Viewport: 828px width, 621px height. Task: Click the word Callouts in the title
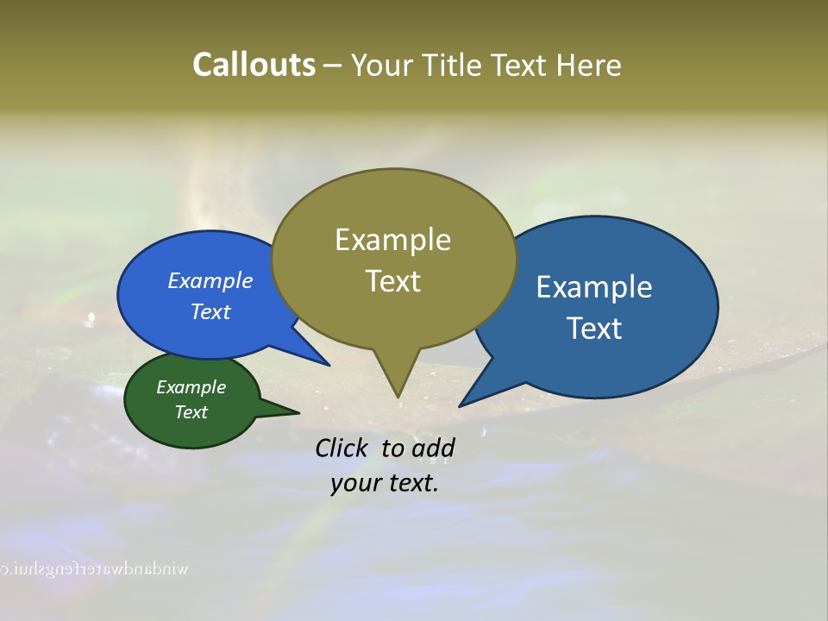(254, 65)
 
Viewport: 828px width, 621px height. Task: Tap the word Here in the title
(589, 65)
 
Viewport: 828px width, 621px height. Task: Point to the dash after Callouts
(333, 66)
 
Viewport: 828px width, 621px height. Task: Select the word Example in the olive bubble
(392, 240)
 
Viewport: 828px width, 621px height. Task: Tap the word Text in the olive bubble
(392, 281)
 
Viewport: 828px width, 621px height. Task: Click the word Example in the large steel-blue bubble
(594, 287)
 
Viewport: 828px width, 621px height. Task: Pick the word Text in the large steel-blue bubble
(594, 329)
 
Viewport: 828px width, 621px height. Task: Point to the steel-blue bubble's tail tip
(461, 405)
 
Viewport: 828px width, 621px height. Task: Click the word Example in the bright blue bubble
(210, 281)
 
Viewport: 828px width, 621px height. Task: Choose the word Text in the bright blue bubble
(210, 311)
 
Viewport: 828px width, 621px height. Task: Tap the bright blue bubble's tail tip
(328, 364)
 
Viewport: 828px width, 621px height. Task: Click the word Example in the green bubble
(191, 387)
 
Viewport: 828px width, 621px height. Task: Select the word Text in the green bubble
(191, 412)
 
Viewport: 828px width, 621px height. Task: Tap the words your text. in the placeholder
(385, 483)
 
